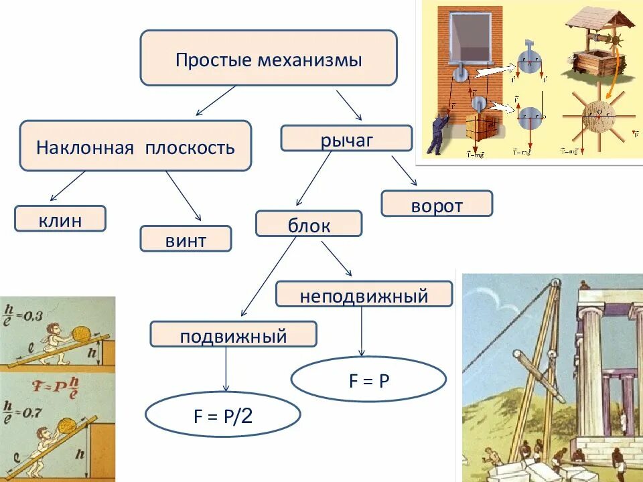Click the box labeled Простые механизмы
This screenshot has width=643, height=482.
(x=268, y=58)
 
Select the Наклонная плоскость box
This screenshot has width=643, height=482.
(x=135, y=146)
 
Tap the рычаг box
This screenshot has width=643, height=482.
(x=346, y=139)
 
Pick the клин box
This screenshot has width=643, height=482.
(x=60, y=219)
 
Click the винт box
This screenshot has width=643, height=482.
(x=186, y=239)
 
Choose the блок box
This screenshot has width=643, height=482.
(x=309, y=224)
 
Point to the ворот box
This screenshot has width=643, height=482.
(x=437, y=204)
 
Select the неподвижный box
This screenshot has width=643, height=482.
(x=364, y=294)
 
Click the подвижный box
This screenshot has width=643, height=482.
(x=233, y=334)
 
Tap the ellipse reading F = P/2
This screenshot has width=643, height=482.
(x=223, y=416)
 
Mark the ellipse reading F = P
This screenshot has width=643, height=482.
(x=368, y=380)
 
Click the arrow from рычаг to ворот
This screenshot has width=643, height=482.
(x=405, y=171)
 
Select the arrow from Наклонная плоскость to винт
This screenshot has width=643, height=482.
(x=184, y=195)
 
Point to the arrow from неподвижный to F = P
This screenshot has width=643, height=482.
(x=362, y=331)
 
